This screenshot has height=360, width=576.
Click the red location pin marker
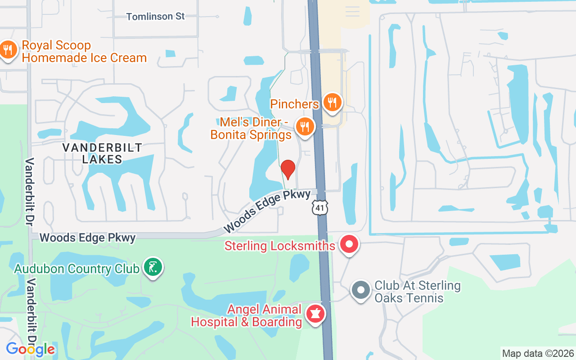[x=288, y=169]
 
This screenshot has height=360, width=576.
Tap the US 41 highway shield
[x=320, y=207]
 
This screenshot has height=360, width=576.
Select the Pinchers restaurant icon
[x=333, y=102]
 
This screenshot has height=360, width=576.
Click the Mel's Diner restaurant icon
[x=305, y=126]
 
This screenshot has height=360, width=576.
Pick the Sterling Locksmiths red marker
[x=349, y=245]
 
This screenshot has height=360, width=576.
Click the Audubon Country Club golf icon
[x=153, y=267]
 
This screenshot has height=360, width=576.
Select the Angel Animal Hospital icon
[x=315, y=314]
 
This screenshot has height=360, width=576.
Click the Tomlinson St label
[x=155, y=17]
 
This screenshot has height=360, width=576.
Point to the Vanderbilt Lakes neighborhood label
[x=102, y=153]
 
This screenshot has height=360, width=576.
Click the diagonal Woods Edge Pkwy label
[x=267, y=211]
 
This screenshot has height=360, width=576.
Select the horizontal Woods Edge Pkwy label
[x=87, y=238]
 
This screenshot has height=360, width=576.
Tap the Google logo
[x=30, y=349]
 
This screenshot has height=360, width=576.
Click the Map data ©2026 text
[x=538, y=353]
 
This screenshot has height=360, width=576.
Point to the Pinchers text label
[x=294, y=104]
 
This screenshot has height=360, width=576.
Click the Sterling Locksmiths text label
[x=280, y=246]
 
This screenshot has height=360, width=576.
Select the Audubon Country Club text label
[x=77, y=269]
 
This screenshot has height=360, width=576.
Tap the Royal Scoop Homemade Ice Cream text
[x=84, y=52]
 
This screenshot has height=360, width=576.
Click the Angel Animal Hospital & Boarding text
[x=246, y=316]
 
